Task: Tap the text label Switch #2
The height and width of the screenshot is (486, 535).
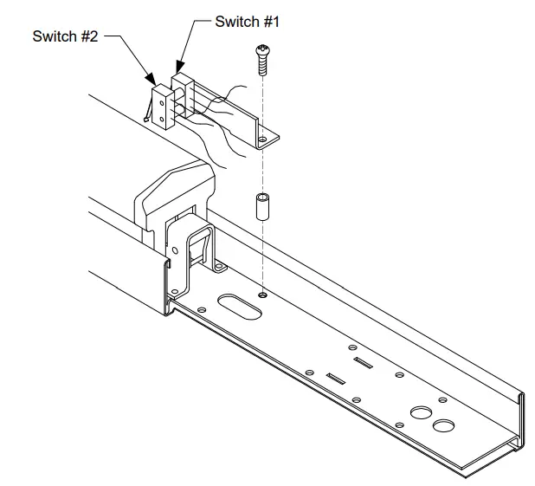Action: [x=66, y=36]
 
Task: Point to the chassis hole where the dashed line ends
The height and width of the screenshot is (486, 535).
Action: [x=261, y=295]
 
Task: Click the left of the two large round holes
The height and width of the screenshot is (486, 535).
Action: [x=422, y=413]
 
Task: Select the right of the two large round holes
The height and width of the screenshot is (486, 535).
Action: [x=444, y=425]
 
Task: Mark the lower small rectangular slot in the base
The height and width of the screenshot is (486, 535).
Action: [x=336, y=379]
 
